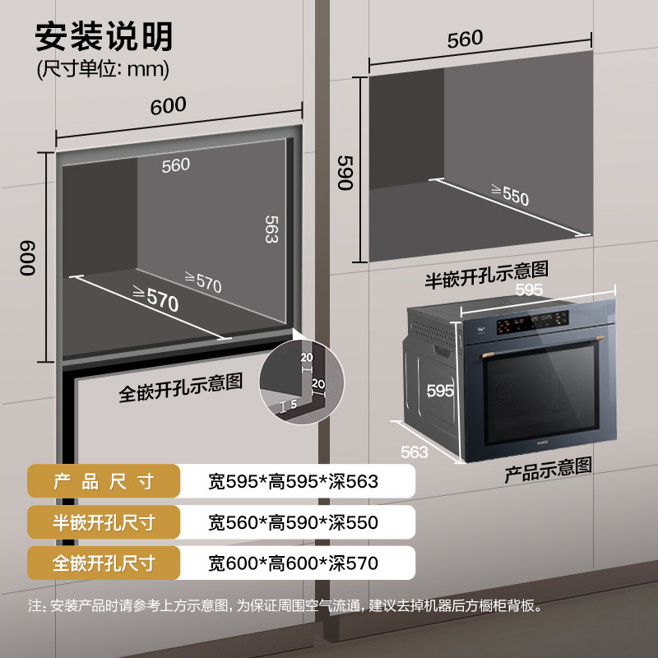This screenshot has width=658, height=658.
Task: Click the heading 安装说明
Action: coord(104,37)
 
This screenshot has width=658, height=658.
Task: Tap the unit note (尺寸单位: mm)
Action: coord(104,70)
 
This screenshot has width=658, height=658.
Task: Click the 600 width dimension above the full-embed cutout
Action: coord(168,105)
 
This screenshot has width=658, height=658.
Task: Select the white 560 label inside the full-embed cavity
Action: coord(175,165)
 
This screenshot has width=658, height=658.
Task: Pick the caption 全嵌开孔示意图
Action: coord(180,386)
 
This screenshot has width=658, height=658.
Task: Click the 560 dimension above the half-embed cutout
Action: coord(465,39)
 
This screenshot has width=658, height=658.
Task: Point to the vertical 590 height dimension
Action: coord(345,170)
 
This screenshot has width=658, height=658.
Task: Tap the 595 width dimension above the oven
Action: coord(529,290)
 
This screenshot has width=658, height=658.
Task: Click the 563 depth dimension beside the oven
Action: coord(414,452)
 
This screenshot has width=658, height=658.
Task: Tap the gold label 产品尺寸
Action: coord(104,481)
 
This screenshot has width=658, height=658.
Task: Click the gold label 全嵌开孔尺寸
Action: coord(104,563)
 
